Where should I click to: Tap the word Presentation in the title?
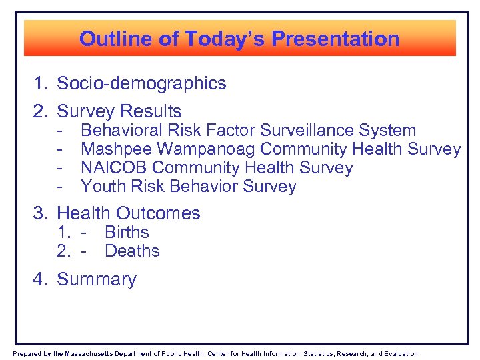(x=337, y=39)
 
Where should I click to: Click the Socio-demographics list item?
(x=141, y=84)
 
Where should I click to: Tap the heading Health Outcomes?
(x=129, y=213)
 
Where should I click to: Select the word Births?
(x=127, y=233)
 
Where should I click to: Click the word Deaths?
(x=132, y=251)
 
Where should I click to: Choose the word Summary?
(x=97, y=279)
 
